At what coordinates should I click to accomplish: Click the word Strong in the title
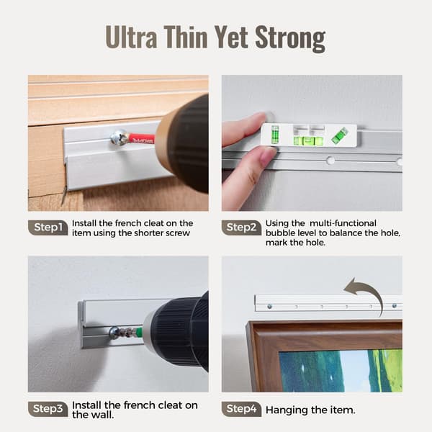(x=290, y=37)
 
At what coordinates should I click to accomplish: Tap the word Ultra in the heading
(x=131, y=37)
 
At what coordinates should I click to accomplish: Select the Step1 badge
(x=48, y=228)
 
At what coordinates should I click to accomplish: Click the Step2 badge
(x=241, y=228)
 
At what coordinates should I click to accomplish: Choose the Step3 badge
(x=48, y=409)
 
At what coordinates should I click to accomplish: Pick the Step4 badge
(x=241, y=409)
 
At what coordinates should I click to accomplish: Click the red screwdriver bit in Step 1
(x=141, y=139)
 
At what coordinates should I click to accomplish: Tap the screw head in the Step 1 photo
(x=118, y=138)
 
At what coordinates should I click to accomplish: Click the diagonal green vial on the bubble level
(x=339, y=135)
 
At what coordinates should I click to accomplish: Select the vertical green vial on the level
(x=275, y=135)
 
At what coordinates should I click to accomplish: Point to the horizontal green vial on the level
(x=308, y=141)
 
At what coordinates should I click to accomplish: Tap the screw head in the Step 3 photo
(x=114, y=333)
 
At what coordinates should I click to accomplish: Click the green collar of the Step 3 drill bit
(x=139, y=331)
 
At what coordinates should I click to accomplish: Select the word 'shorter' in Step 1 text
(x=148, y=233)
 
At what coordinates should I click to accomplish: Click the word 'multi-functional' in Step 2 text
(x=343, y=223)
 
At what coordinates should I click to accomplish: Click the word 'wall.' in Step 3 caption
(x=102, y=415)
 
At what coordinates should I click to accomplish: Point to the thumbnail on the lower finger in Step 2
(x=267, y=156)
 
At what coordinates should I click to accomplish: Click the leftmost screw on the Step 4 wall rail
(x=270, y=307)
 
